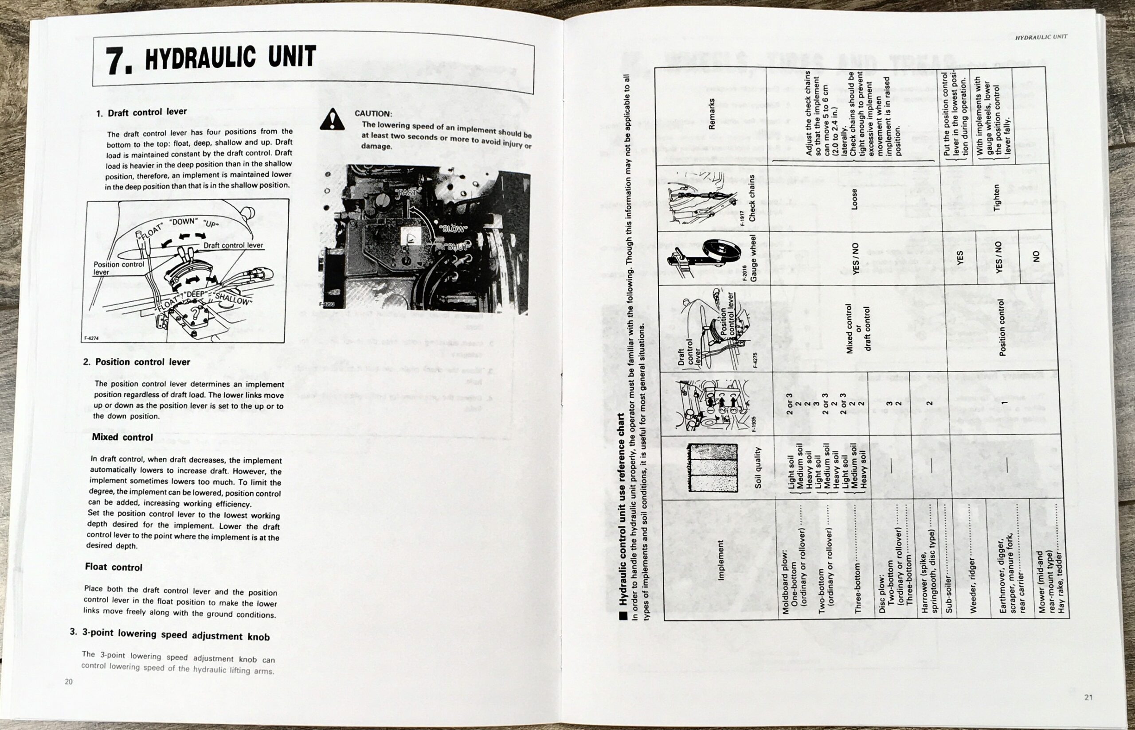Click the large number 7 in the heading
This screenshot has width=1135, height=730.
117,62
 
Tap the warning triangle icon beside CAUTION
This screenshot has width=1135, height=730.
332,120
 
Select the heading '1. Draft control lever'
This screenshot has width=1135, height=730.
141,113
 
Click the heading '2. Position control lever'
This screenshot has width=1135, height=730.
137,362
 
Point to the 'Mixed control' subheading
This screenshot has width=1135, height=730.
122,437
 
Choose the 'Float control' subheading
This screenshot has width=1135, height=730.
114,567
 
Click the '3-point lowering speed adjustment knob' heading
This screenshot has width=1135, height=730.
170,635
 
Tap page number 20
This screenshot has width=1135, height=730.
69,682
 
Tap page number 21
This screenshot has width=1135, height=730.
1088,697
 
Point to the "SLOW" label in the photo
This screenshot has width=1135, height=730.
454,229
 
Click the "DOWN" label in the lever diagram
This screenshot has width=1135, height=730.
184,221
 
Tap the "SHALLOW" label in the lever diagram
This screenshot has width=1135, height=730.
233,299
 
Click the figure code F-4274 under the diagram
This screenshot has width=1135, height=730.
91,338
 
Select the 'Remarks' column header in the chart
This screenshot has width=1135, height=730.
712,114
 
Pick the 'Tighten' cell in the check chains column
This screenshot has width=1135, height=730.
997,198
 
